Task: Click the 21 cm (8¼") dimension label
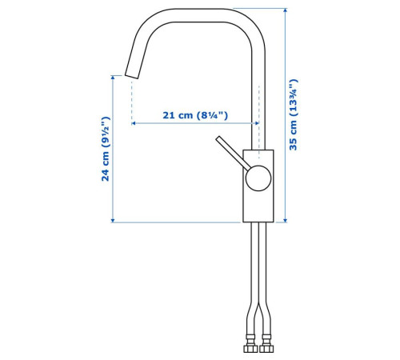(x=195, y=115)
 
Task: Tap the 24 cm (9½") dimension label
(x=106, y=149)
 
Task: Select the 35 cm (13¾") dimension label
(x=293, y=114)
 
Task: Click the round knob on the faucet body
(x=258, y=178)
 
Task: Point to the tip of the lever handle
(x=218, y=138)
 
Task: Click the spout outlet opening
(x=131, y=76)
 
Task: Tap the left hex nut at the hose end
(x=250, y=349)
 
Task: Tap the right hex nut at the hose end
(x=266, y=349)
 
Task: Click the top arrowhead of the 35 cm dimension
(x=286, y=10)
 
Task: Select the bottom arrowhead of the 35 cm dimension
(x=286, y=220)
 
